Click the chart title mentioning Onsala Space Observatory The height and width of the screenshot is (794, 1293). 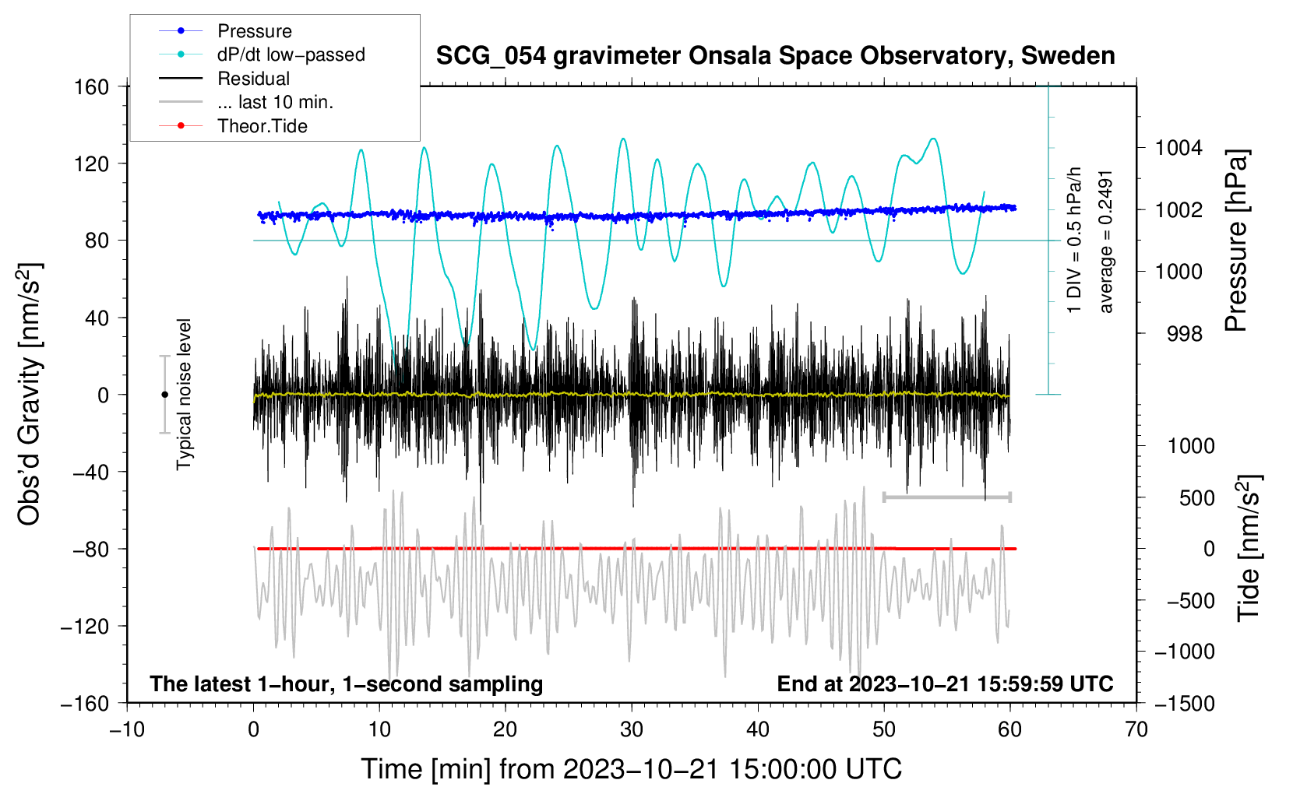point(775,56)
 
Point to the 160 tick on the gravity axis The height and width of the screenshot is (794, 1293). point(92,87)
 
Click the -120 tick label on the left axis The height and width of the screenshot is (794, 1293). point(86,626)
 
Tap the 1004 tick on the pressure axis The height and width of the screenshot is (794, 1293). point(1178,149)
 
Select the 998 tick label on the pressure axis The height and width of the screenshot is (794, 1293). point(1185,333)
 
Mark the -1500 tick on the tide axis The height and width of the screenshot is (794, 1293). point(1185,704)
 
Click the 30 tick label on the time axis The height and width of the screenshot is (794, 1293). point(632,730)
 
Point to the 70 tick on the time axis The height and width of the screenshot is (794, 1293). point(1136,730)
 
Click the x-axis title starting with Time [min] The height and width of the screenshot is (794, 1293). point(632,770)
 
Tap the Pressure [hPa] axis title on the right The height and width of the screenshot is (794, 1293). point(1236,241)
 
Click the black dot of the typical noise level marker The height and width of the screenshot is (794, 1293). point(164,395)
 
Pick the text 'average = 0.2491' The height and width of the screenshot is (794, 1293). point(1105,242)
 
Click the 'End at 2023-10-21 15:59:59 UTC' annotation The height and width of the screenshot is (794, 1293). point(945,683)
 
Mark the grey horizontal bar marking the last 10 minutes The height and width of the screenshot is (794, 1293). point(946,497)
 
